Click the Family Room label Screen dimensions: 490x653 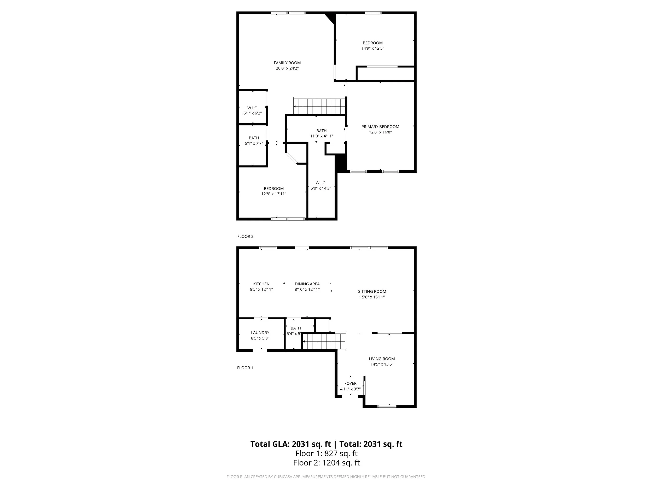tap(287, 63)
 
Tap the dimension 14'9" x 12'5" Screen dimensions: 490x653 tap(372, 48)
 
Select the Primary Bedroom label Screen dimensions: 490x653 tap(380, 127)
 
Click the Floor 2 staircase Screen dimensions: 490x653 tap(319, 106)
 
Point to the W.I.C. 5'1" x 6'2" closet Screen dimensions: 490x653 tap(252, 110)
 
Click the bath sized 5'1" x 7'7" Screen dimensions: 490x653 tap(254, 140)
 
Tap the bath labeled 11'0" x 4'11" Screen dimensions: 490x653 tap(321, 133)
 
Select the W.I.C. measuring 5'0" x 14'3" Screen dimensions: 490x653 tap(320, 186)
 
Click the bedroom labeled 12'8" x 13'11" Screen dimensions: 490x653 tap(273, 191)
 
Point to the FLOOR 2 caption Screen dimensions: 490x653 tap(245, 236)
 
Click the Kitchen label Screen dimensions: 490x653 tap(261, 284)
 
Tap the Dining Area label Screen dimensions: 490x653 tap(307, 284)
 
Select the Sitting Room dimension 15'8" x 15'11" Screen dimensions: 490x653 tap(372, 297)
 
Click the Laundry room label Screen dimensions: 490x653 tap(260, 333)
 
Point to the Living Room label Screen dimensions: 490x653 tap(381, 359)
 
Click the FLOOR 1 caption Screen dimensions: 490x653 tap(245, 368)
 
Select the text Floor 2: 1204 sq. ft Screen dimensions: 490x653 tap(326, 463)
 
